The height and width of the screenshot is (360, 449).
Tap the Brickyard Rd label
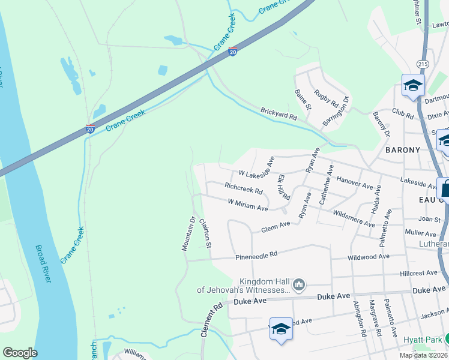(x=279, y=112)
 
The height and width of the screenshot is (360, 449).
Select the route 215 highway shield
(x=422, y=63)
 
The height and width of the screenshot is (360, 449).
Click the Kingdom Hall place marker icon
(x=299, y=284)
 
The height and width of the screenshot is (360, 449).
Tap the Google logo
(x=20, y=353)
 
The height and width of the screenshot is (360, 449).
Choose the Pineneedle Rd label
(x=256, y=255)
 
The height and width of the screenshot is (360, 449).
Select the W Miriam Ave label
(x=247, y=205)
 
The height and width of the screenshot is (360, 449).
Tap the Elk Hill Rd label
(x=284, y=187)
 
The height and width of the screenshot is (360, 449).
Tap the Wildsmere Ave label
(x=354, y=219)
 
